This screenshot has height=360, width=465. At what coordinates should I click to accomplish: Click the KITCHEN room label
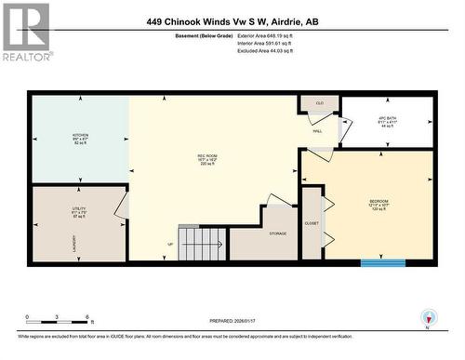coord(81,135)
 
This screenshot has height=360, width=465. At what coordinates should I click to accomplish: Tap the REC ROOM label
coord(206,154)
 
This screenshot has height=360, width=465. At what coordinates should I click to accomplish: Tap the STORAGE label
coord(278,233)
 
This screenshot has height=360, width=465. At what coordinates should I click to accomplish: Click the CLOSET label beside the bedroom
coord(312,223)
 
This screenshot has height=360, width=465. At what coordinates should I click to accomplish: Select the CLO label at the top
coord(319,102)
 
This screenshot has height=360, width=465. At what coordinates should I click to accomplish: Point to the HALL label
coord(317,132)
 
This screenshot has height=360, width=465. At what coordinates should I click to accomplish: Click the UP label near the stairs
coord(170,244)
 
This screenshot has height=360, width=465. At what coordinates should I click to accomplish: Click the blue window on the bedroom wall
coord(382,263)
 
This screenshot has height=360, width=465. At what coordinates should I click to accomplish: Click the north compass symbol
coord(428,316)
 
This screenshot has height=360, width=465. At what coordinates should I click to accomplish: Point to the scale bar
coord(58,321)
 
